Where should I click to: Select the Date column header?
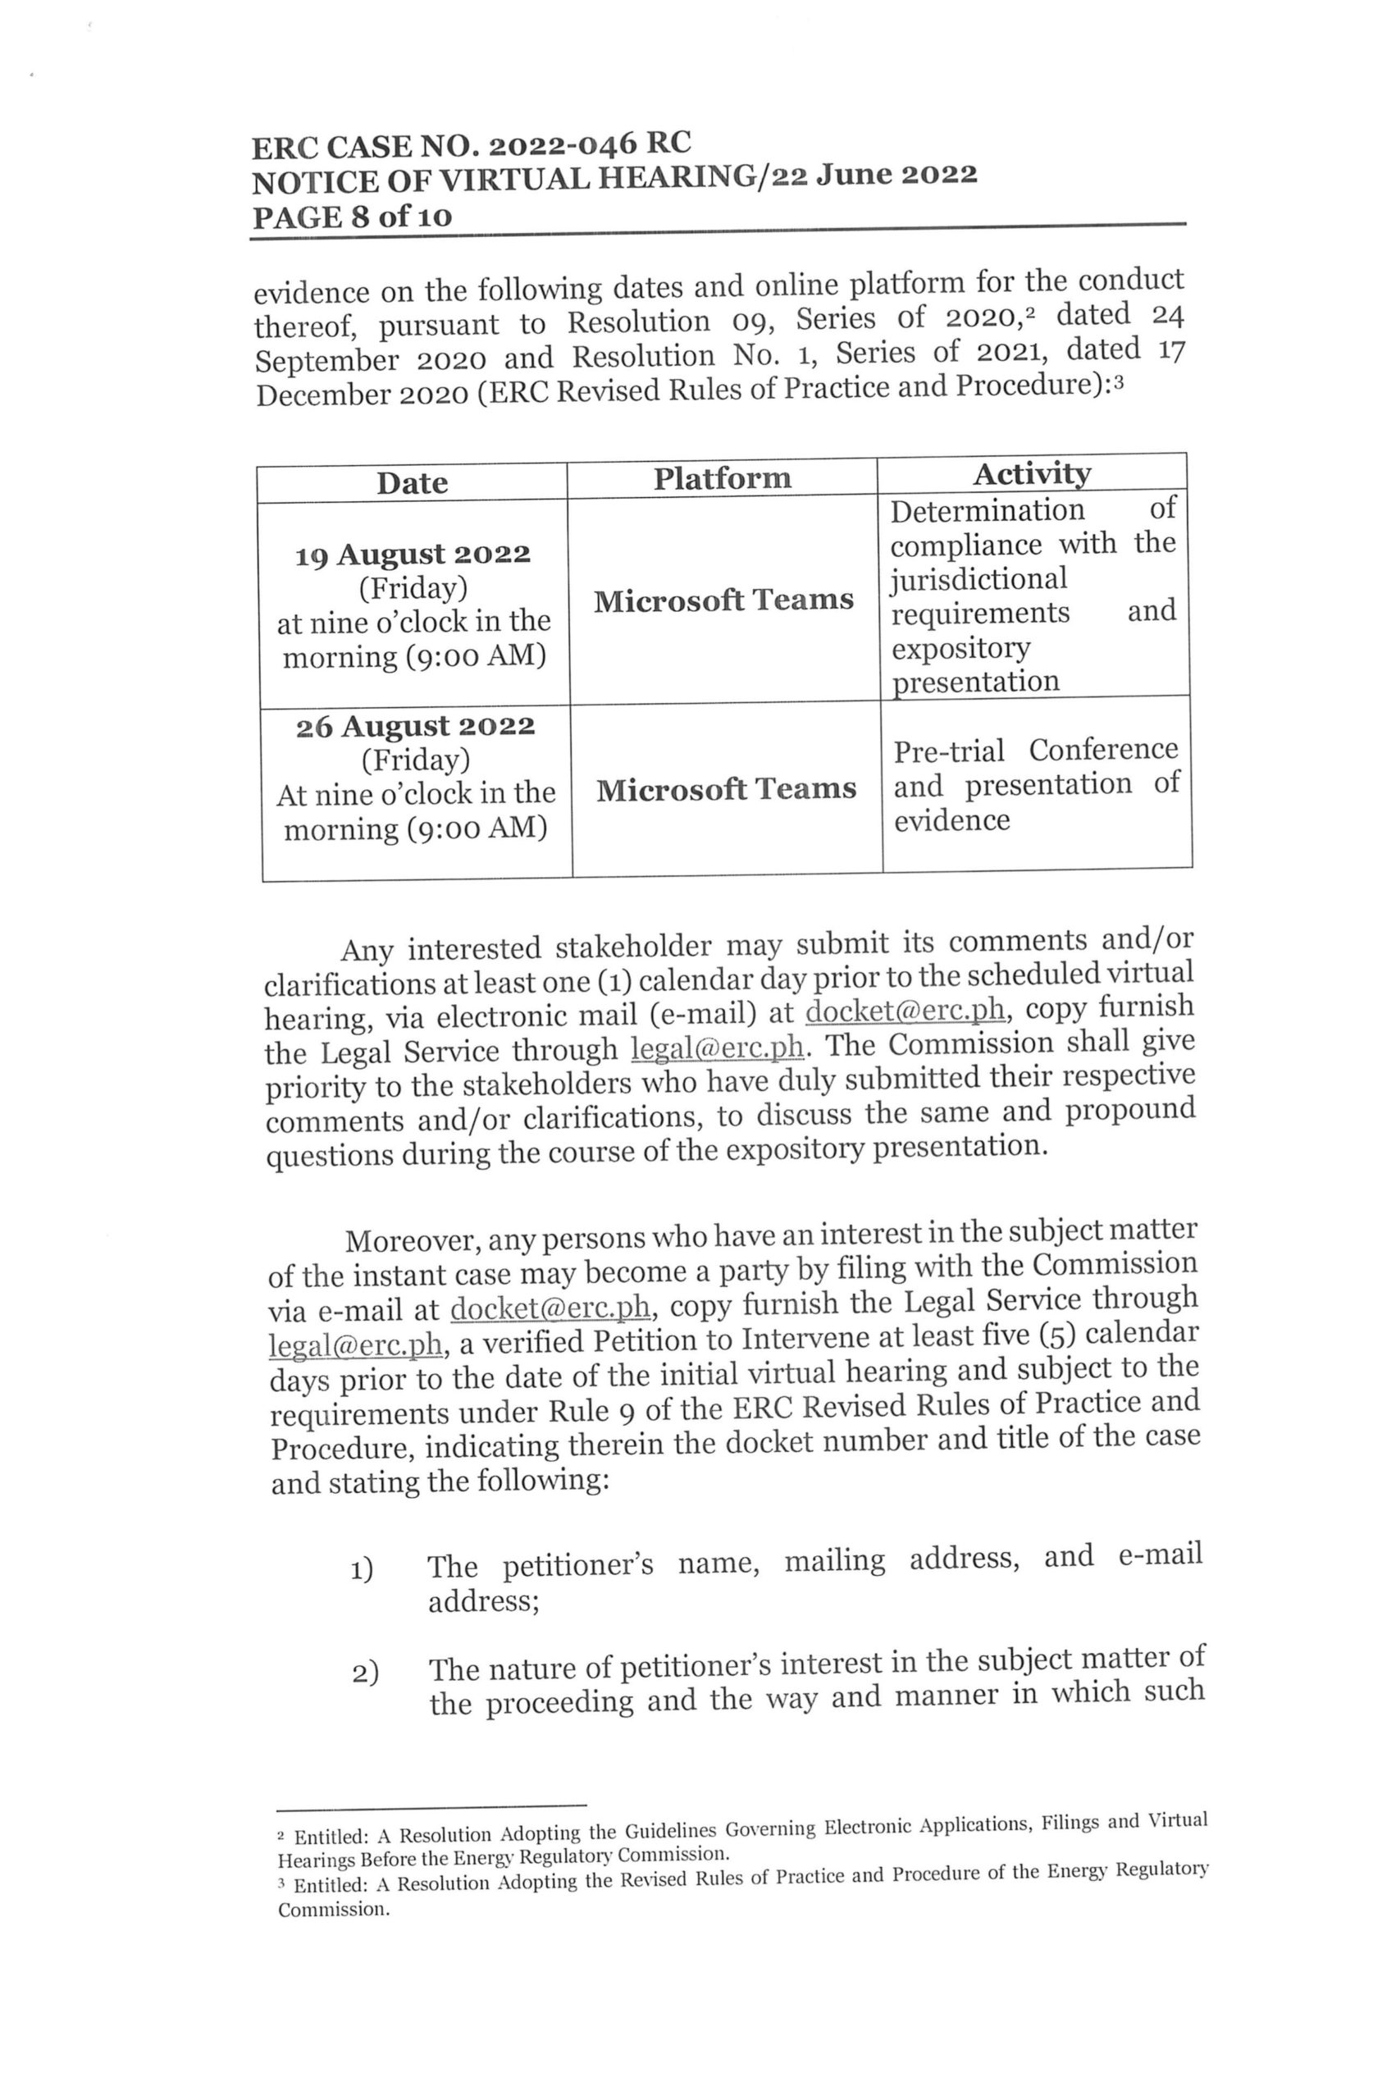coord(411,482)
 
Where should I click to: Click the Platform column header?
coord(721,478)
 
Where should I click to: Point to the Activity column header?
coord(1031,474)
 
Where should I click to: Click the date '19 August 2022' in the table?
coord(412,554)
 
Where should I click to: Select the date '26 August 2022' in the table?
coord(415,726)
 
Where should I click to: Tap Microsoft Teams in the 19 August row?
coord(723,600)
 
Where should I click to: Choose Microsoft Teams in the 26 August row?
coord(725,788)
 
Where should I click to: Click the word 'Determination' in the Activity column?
coord(987,511)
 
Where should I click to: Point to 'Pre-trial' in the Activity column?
coord(947,751)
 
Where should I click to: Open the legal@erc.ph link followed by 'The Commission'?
coord(718,1048)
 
